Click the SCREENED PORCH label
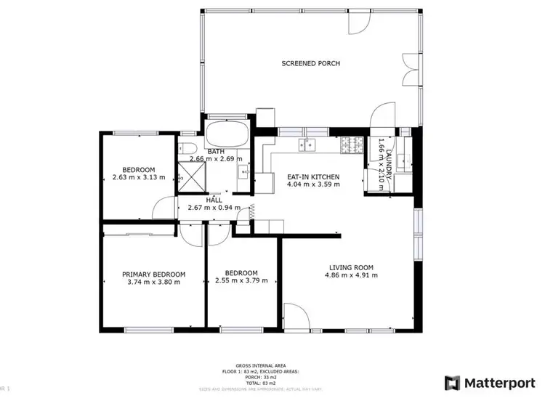pyautogui.click(x=310, y=64)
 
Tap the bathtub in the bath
pyautogui.click(x=227, y=135)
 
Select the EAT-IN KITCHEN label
pyautogui.click(x=313, y=176)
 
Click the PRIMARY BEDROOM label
pyautogui.click(x=153, y=275)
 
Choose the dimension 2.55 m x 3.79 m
pyautogui.click(x=241, y=280)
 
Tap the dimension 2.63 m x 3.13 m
pyautogui.click(x=138, y=177)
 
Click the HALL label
pyautogui.click(x=214, y=200)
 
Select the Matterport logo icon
pyautogui.click(x=453, y=381)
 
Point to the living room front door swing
pyautogui.click(x=293, y=316)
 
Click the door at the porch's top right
pyautogui.click(x=357, y=23)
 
